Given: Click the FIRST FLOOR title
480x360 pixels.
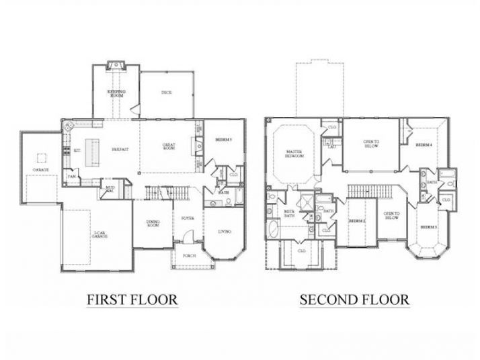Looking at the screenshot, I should pyautogui.click(x=132, y=299).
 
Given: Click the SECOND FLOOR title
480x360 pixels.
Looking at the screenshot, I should pyautogui.click(x=354, y=299).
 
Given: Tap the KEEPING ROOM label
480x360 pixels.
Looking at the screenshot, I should pyautogui.click(x=117, y=93).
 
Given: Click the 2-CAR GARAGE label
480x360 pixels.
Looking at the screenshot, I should pyautogui.click(x=99, y=235).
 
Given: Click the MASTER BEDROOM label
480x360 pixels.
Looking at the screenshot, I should pyautogui.click(x=294, y=154).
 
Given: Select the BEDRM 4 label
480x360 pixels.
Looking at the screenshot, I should pyautogui.click(x=422, y=144).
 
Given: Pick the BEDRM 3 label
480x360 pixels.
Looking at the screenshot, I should pyautogui.click(x=428, y=227).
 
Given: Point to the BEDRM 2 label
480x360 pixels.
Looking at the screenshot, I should pyautogui.click(x=356, y=221).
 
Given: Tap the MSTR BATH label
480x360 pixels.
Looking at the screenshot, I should pyautogui.click(x=289, y=215).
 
